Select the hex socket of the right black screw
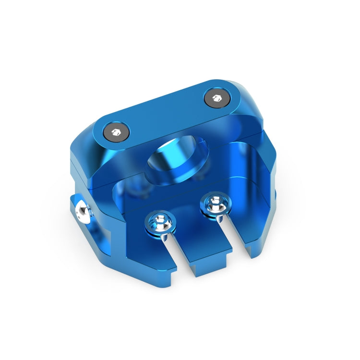(x=216, y=98)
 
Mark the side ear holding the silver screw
(x=86, y=221)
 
